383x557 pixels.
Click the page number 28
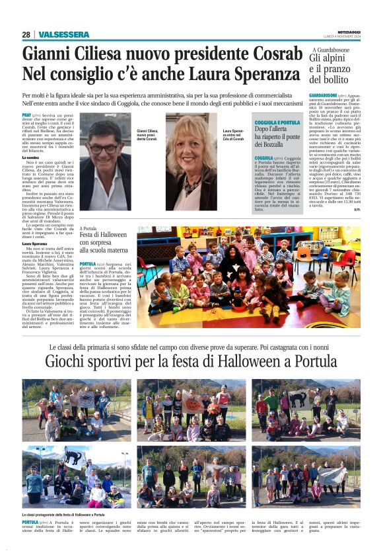point(26,34)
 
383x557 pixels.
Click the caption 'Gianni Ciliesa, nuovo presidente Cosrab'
point(147,135)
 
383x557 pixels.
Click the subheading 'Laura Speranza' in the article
point(36,243)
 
